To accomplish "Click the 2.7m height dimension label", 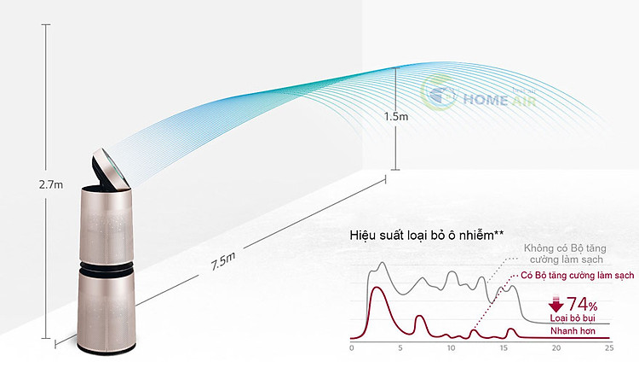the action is pyautogui.click(x=51, y=184).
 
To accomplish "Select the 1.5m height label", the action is pyautogui.click(x=396, y=117).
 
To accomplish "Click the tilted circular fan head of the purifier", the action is pyautogui.click(x=111, y=168).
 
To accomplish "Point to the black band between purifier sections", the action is pyautogui.click(x=106, y=268).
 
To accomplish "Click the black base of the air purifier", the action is pyautogui.click(x=106, y=347).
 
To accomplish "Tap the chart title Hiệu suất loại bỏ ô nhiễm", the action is pyautogui.click(x=427, y=236).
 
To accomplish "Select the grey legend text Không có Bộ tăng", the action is pyautogui.click(x=565, y=248).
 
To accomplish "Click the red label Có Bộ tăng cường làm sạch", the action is pyautogui.click(x=578, y=276).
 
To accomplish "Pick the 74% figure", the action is pyautogui.click(x=582, y=304).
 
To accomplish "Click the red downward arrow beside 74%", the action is pyautogui.click(x=556, y=303).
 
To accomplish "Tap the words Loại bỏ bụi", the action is pyautogui.click(x=573, y=318).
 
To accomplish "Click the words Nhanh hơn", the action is pyautogui.click(x=573, y=330).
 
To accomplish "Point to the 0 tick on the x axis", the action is pyautogui.click(x=352, y=348).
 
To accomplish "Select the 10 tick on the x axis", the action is pyautogui.click(x=451, y=348).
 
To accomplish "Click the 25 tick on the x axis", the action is pyautogui.click(x=609, y=348).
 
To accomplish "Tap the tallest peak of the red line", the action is pyautogui.click(x=377, y=288).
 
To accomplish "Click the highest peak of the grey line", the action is pyautogui.click(x=383, y=263).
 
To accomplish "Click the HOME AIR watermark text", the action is pyautogui.click(x=499, y=99).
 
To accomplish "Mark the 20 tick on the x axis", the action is pyautogui.click(x=556, y=348).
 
